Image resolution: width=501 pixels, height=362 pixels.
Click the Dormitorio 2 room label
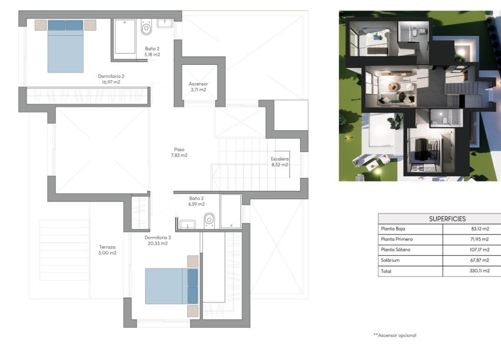pos(111,76)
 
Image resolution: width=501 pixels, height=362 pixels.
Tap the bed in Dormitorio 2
pos(65,47)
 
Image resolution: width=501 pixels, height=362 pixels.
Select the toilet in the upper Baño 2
pos(146,28)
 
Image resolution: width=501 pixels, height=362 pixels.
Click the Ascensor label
pos(198,84)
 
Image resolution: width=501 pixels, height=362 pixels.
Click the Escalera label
pos(279,159)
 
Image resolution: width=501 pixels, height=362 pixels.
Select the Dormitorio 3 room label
pos(157,238)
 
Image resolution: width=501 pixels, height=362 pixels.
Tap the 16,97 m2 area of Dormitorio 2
pos(111,83)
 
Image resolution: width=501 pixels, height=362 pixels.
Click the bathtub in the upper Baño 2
pos(124,37)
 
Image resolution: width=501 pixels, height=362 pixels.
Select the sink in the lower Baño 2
pos(188,223)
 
